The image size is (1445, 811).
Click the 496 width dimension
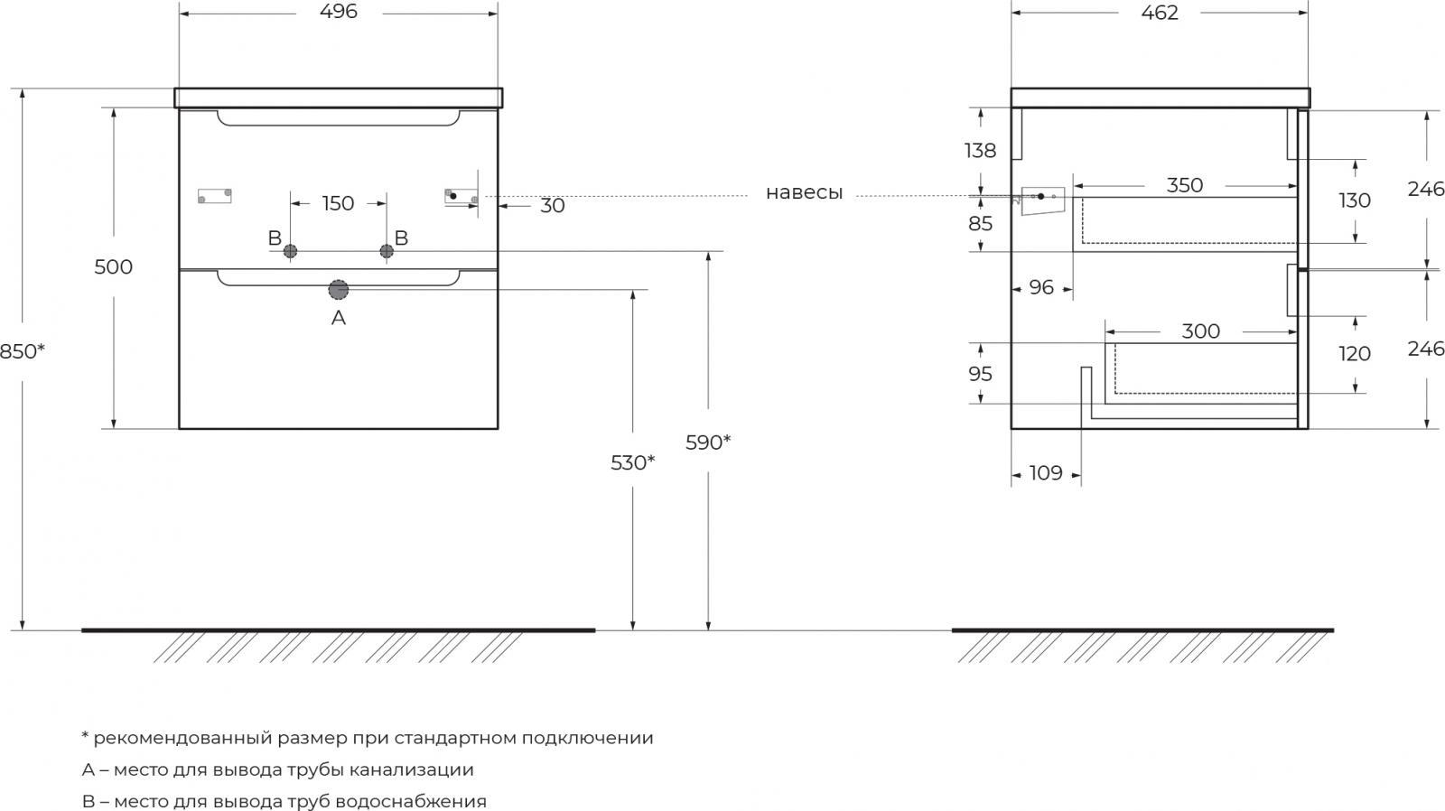[338, 12]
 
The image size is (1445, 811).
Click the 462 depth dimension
[1160, 13]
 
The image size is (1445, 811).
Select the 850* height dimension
[22, 351]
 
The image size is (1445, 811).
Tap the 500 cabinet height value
[114, 266]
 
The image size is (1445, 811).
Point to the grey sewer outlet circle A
[338, 290]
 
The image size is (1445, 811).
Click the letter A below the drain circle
[338, 317]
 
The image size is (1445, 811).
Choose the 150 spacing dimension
[338, 203]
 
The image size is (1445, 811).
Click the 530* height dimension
[633, 462]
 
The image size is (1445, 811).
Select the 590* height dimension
[708, 443]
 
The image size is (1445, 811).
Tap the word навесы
[804, 193]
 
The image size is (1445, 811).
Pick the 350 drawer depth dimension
[1184, 186]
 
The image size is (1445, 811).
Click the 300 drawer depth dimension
[1200, 331]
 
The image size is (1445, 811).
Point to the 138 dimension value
[980, 151]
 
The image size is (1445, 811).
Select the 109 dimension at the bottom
[1046, 473]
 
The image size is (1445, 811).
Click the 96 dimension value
[1041, 288]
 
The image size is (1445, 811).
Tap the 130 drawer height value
[1354, 200]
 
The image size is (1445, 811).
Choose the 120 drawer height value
[1354, 353]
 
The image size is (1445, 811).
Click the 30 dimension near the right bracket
[552, 206]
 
